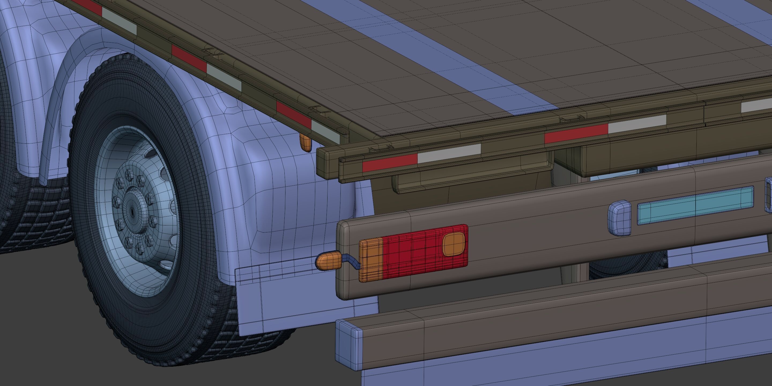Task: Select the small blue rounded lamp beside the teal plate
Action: tap(619, 218)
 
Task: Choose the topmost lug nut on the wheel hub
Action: tap(130, 173)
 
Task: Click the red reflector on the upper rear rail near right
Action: tap(576, 133)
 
